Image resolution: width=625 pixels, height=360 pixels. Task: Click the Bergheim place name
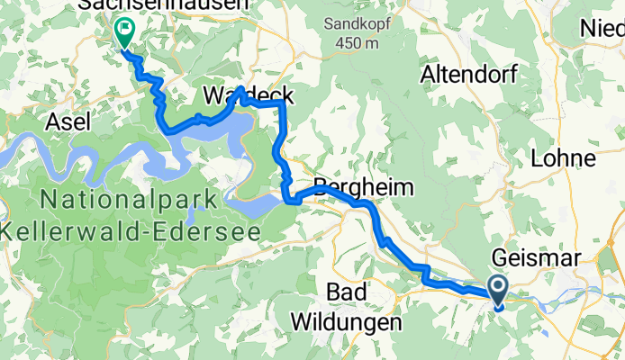(x=362, y=188)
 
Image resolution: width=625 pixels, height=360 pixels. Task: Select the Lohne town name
(x=564, y=158)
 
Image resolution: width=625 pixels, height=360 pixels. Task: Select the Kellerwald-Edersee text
(x=131, y=230)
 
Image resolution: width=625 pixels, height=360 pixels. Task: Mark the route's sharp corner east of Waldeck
(x=284, y=104)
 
